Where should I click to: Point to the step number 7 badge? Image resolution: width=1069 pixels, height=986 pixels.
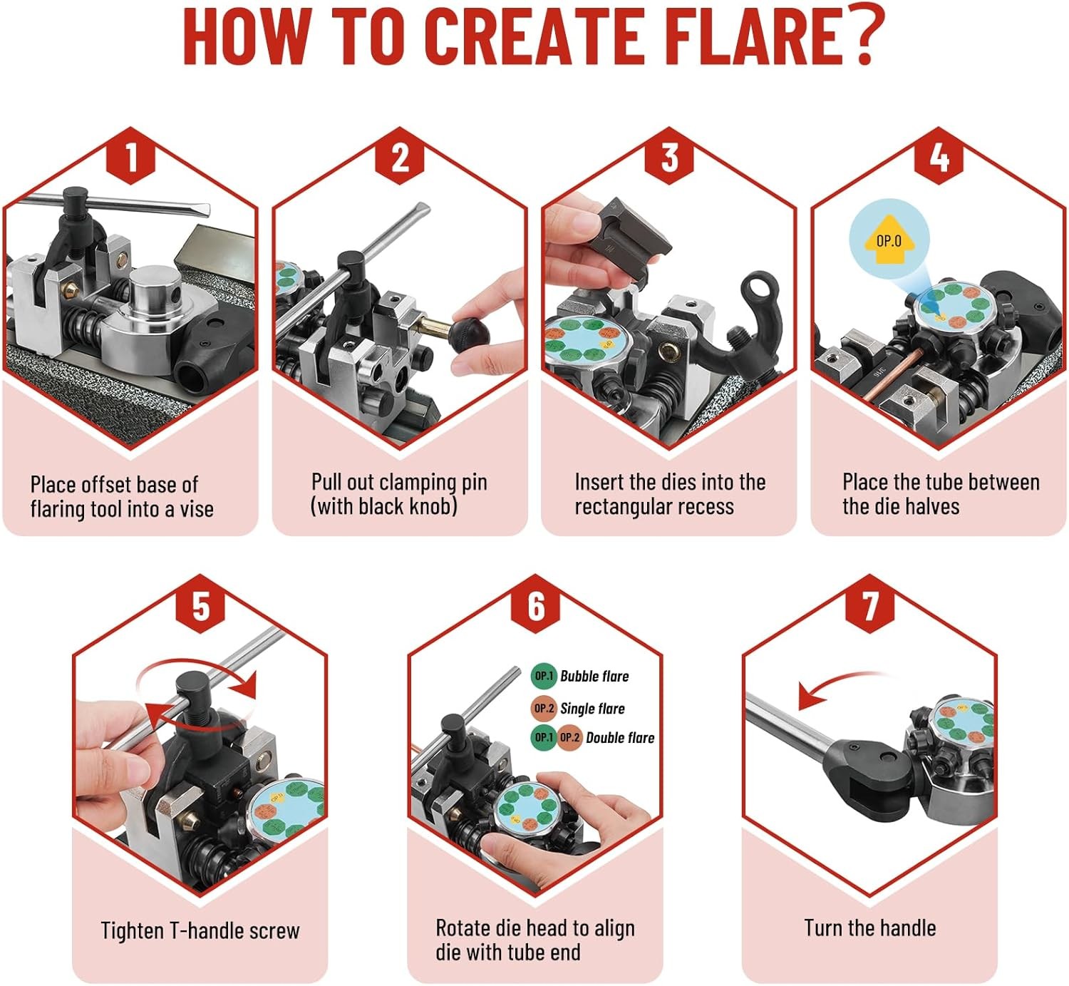(x=870, y=604)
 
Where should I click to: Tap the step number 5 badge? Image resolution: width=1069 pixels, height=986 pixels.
(x=200, y=604)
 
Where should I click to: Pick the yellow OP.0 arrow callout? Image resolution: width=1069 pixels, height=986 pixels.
(x=889, y=240)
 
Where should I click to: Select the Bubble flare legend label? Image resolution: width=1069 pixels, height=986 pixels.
(x=594, y=676)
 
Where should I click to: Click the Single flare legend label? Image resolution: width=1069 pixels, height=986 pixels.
(x=592, y=708)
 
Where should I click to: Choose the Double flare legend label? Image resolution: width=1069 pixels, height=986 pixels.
(x=620, y=737)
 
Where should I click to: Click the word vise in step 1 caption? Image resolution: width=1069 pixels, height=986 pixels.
(x=197, y=509)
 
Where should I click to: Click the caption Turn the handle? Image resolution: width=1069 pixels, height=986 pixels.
(x=870, y=928)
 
